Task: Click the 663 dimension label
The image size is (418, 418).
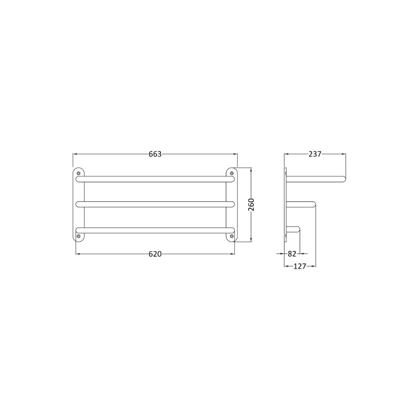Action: point(155,154)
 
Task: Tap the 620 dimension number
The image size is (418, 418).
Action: point(155,254)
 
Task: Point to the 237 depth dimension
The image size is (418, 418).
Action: point(315,154)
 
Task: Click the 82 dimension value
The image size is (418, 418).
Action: point(292,253)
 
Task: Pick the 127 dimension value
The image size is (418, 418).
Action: point(300,266)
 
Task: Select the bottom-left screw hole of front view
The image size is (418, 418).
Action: point(79,236)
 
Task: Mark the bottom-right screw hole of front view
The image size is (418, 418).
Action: point(231,236)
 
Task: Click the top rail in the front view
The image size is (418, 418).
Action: point(155,179)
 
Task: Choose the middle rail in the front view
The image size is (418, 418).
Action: point(155,204)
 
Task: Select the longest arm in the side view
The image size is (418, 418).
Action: point(316,179)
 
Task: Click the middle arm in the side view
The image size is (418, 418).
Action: point(301,204)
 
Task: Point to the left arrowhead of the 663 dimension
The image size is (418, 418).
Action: point(75,154)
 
